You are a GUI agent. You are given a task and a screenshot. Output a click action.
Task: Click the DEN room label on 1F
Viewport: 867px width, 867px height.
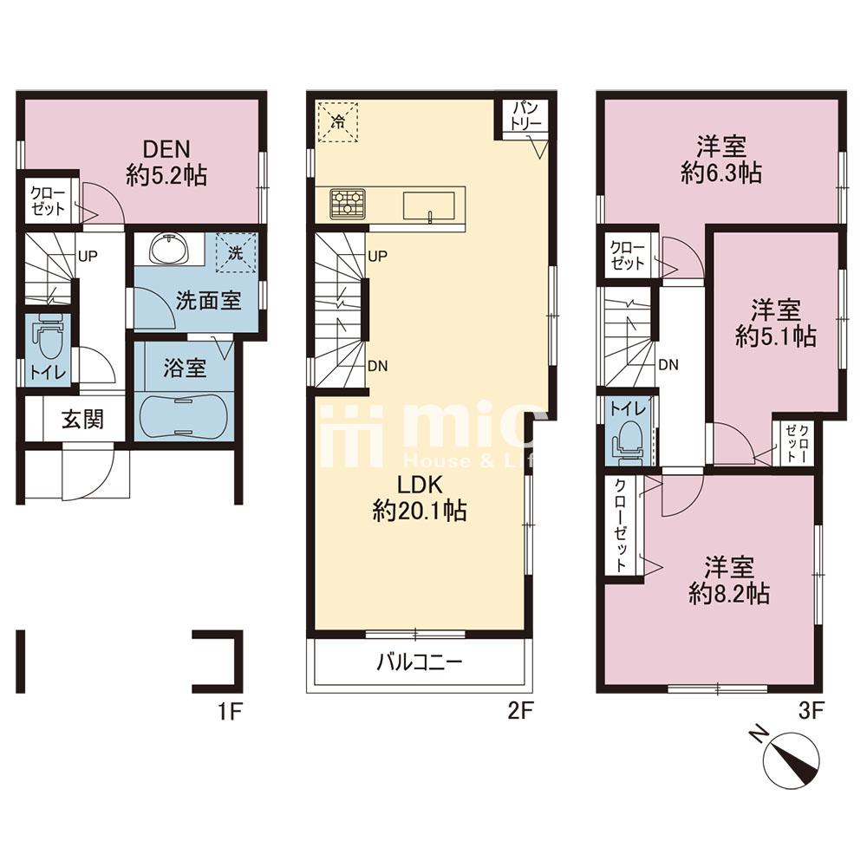(x=166, y=149)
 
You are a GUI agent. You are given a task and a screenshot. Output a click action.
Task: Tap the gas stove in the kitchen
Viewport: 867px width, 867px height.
(x=348, y=202)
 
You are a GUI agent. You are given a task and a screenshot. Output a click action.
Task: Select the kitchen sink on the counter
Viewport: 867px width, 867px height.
(x=429, y=206)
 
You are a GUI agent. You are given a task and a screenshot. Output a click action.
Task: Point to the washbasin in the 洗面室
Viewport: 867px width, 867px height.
(x=170, y=251)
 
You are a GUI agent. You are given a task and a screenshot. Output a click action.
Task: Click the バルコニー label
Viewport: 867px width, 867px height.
(x=419, y=662)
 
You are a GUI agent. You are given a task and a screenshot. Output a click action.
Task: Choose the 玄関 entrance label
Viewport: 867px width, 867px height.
(x=82, y=420)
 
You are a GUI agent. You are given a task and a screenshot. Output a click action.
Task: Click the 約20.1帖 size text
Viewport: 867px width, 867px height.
(x=420, y=511)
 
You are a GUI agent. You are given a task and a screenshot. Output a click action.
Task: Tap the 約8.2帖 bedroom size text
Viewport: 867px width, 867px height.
(x=729, y=594)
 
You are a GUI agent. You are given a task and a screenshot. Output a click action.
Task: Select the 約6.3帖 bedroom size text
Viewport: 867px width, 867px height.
(x=721, y=173)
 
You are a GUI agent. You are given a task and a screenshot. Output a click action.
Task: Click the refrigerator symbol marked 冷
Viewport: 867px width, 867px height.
(x=336, y=121)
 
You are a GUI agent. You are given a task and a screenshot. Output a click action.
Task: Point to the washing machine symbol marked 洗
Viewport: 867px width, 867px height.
(x=236, y=253)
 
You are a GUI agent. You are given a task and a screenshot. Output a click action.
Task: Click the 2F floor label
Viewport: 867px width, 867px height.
(x=519, y=712)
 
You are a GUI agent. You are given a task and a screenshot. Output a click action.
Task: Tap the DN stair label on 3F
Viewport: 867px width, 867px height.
(x=668, y=365)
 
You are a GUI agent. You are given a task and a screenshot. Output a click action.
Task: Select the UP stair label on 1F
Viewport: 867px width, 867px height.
(x=88, y=256)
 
